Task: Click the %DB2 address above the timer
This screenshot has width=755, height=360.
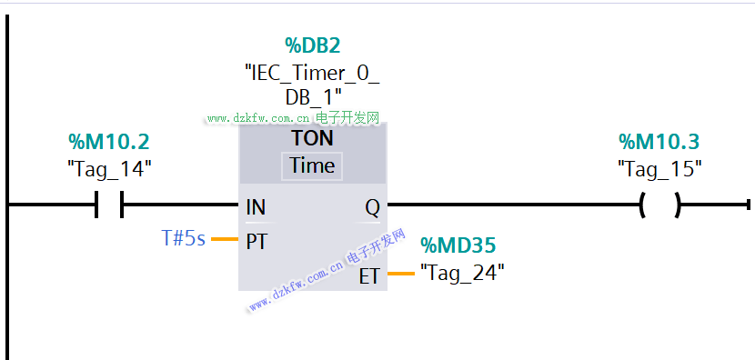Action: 313,45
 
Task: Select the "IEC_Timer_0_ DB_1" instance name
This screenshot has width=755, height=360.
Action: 313,85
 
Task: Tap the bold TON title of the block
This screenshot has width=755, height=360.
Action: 313,138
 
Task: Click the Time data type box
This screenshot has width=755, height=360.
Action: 312,166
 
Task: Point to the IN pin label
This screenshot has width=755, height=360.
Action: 256,207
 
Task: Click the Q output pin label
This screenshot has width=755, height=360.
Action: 372,208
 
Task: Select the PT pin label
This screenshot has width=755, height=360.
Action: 257,242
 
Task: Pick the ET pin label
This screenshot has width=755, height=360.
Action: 369,276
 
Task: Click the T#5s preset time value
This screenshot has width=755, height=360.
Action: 183,238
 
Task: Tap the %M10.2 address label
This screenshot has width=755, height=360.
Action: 109,142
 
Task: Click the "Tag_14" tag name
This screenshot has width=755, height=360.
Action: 109,169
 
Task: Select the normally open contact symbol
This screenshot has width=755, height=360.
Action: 109,205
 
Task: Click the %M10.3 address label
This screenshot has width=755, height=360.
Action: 659,142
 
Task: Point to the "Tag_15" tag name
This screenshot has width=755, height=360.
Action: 659,169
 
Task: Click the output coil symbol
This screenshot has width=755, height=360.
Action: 660,205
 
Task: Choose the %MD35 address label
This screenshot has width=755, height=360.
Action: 458,245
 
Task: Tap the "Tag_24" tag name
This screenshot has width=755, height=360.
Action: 462,274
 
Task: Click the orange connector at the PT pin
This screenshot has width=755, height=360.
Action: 225,239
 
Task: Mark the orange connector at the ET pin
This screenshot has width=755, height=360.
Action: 401,274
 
